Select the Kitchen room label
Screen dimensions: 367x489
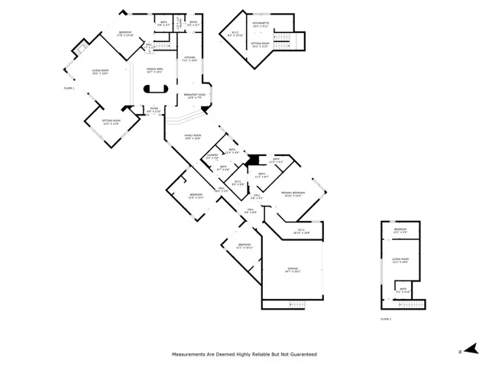pos(190,60)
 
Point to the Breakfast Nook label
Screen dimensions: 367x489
pos(193,96)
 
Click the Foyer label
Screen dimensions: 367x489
pos(154,109)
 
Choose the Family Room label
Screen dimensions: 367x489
pos(192,137)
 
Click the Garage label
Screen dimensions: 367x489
pos(293,270)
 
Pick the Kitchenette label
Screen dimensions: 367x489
pos(261,25)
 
